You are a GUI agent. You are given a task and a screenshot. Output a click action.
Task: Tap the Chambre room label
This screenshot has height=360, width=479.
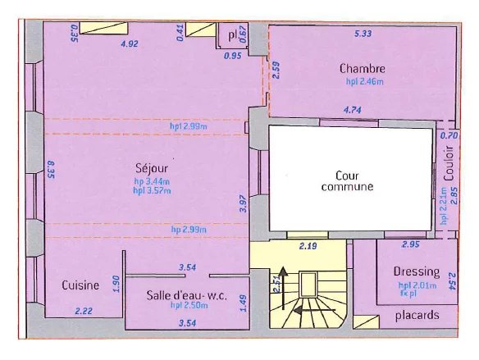coord(362,69)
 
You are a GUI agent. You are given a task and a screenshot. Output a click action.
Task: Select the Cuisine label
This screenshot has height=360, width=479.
coord(80,285)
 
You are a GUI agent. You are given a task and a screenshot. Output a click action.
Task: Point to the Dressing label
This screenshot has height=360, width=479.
coord(416,271)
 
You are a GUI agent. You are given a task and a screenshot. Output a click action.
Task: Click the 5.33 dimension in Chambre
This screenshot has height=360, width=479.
coord(363,34)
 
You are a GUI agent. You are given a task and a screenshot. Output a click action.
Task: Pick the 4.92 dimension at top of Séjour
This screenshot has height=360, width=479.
coord(129,43)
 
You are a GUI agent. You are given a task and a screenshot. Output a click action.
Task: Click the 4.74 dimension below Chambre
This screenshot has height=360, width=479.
coord(354,109)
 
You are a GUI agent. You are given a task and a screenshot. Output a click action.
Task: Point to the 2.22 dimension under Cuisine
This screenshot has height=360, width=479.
coord(83,312)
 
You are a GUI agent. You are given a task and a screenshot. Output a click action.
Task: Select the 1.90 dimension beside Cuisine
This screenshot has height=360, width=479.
coord(116,284)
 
